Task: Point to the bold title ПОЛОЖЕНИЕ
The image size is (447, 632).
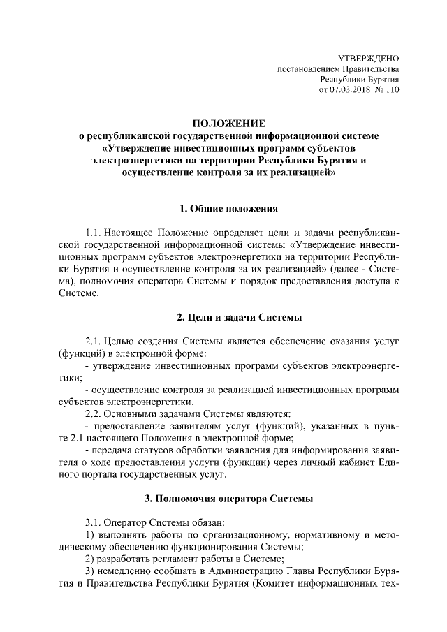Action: [x=223, y=124]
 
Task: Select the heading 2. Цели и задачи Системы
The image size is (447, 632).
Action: [x=224, y=318]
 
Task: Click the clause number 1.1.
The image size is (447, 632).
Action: [x=94, y=230]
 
